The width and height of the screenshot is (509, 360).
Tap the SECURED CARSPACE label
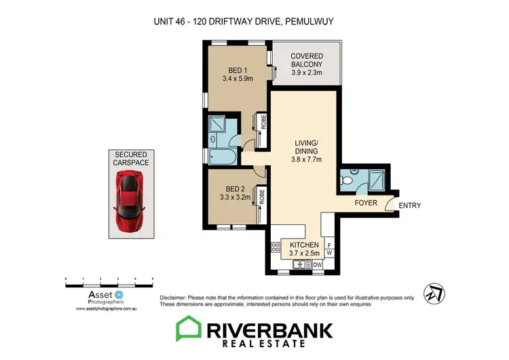coord(132,158)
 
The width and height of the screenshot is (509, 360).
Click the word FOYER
coord(366,203)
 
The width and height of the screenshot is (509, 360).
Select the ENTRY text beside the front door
coord(409,205)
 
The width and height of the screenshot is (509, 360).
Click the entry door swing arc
coord(389,203)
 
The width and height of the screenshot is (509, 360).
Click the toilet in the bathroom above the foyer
coord(348,179)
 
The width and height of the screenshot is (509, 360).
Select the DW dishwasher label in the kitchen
coord(316,265)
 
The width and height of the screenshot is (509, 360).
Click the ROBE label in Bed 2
coord(261,198)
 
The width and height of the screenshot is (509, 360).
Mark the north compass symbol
coord(432,293)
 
